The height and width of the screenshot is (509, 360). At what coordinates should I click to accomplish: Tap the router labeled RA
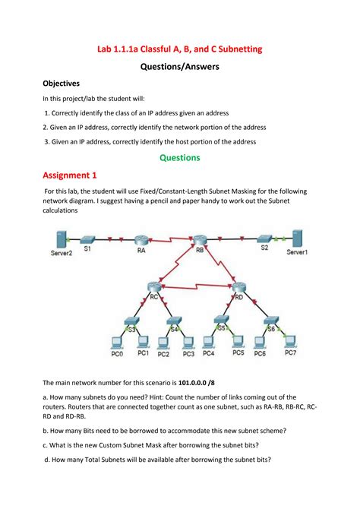[x=141, y=238]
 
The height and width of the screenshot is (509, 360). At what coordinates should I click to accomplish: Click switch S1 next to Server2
[x=88, y=238]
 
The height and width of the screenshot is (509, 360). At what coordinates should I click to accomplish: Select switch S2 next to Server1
[x=264, y=238]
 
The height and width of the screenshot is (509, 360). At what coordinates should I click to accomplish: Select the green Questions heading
[x=179, y=158]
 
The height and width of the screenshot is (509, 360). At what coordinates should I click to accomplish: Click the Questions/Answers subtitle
[x=179, y=66]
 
